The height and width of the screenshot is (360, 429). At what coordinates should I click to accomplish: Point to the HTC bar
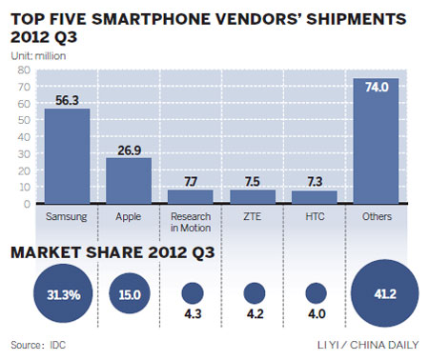pos(315,196)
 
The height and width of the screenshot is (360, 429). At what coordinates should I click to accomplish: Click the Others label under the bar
pos(375,216)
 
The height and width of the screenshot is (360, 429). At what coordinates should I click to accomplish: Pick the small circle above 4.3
pos(194,292)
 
